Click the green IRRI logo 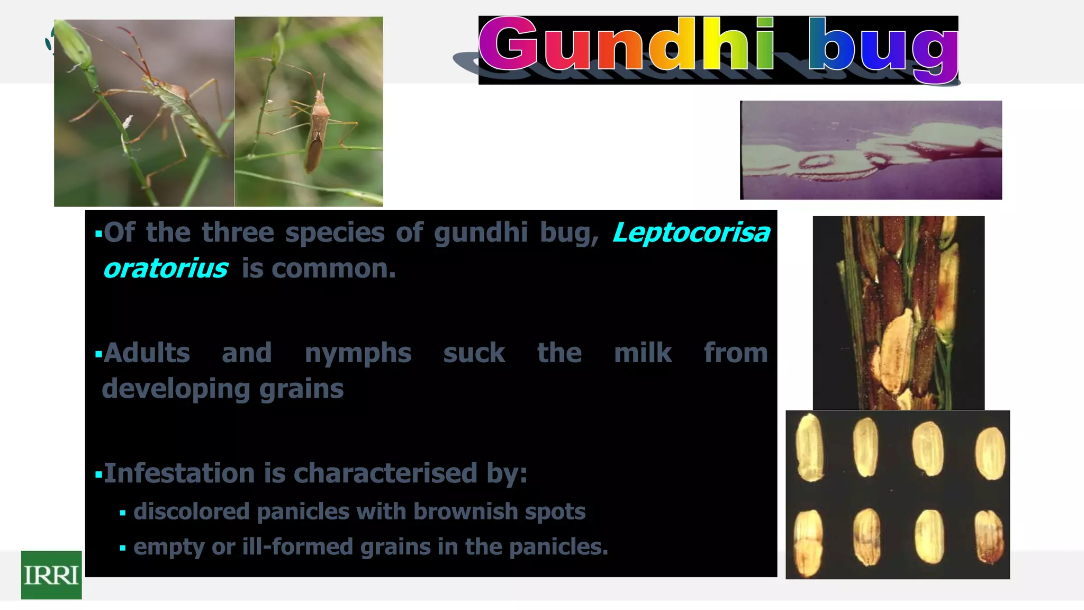click(x=51, y=575)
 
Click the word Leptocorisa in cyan click(x=691, y=233)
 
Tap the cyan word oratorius click(x=166, y=268)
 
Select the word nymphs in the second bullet click(x=358, y=354)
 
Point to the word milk click(x=643, y=353)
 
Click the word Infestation click(x=179, y=473)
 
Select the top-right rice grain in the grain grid click(x=990, y=453)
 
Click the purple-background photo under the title click(x=871, y=150)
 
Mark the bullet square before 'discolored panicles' click(x=123, y=513)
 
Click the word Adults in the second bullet click(x=147, y=353)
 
